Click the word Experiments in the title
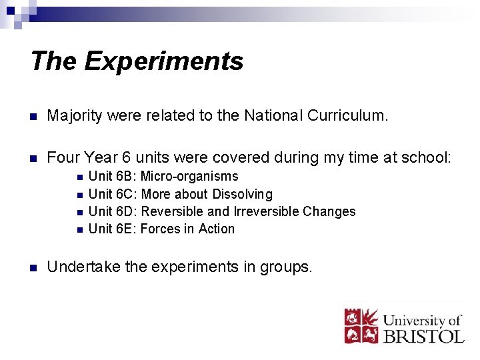click(164, 61)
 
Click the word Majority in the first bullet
click(74, 116)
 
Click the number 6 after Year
click(125, 157)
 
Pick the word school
click(427, 157)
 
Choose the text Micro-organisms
click(189, 177)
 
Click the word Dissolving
click(242, 194)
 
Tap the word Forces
click(160, 229)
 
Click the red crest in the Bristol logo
click(361, 326)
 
